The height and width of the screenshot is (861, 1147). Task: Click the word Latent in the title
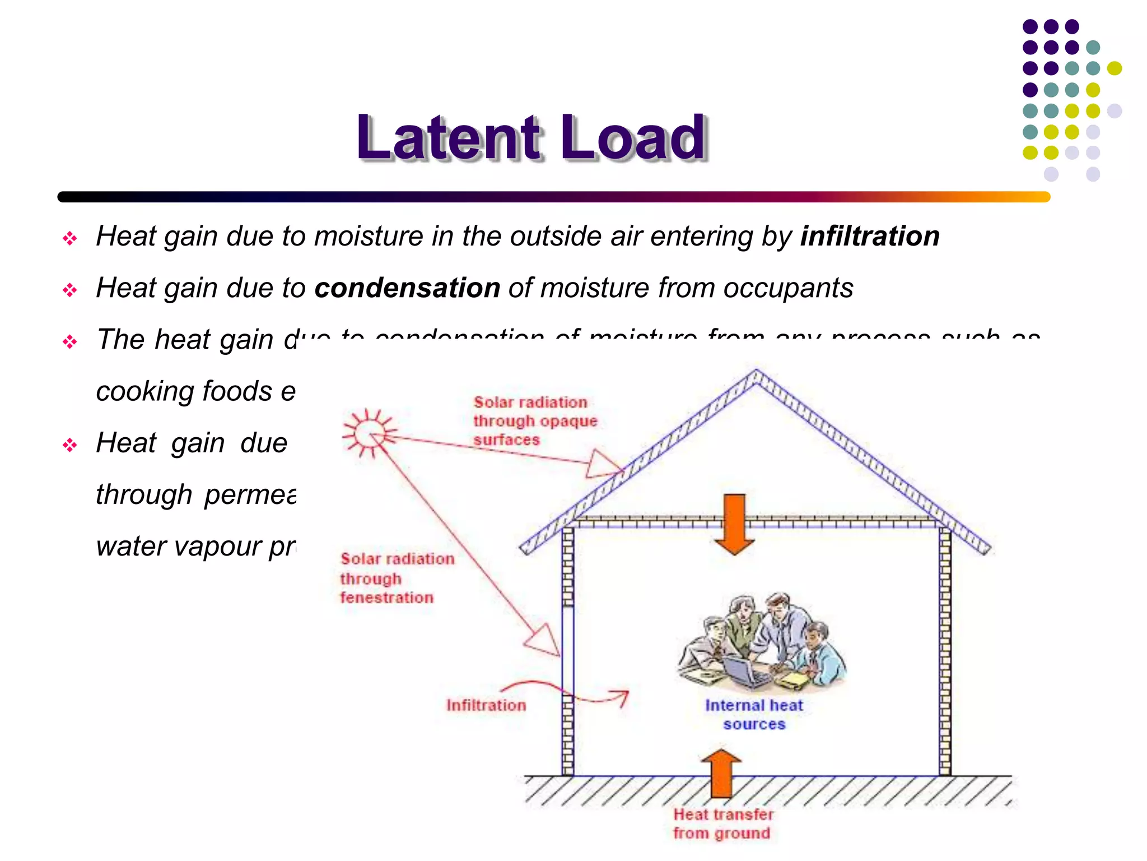(449, 137)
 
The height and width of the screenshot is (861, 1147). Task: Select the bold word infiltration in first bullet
(870, 236)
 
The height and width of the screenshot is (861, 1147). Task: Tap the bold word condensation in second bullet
(407, 288)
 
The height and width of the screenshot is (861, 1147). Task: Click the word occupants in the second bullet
(788, 288)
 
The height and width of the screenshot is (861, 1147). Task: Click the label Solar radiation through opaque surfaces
(535, 420)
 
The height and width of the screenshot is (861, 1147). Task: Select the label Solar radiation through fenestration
(397, 578)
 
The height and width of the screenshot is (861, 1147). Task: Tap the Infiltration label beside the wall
(486, 705)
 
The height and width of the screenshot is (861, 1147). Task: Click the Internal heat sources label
(754, 714)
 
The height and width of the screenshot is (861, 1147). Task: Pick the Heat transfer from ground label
(722, 823)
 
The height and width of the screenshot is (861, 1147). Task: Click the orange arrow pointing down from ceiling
(734, 524)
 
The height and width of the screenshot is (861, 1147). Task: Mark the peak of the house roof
(756, 372)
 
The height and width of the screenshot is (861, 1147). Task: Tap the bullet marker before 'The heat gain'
(70, 341)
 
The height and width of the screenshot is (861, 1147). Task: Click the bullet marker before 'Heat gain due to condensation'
(70, 290)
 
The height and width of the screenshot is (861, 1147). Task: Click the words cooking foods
(184, 391)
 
